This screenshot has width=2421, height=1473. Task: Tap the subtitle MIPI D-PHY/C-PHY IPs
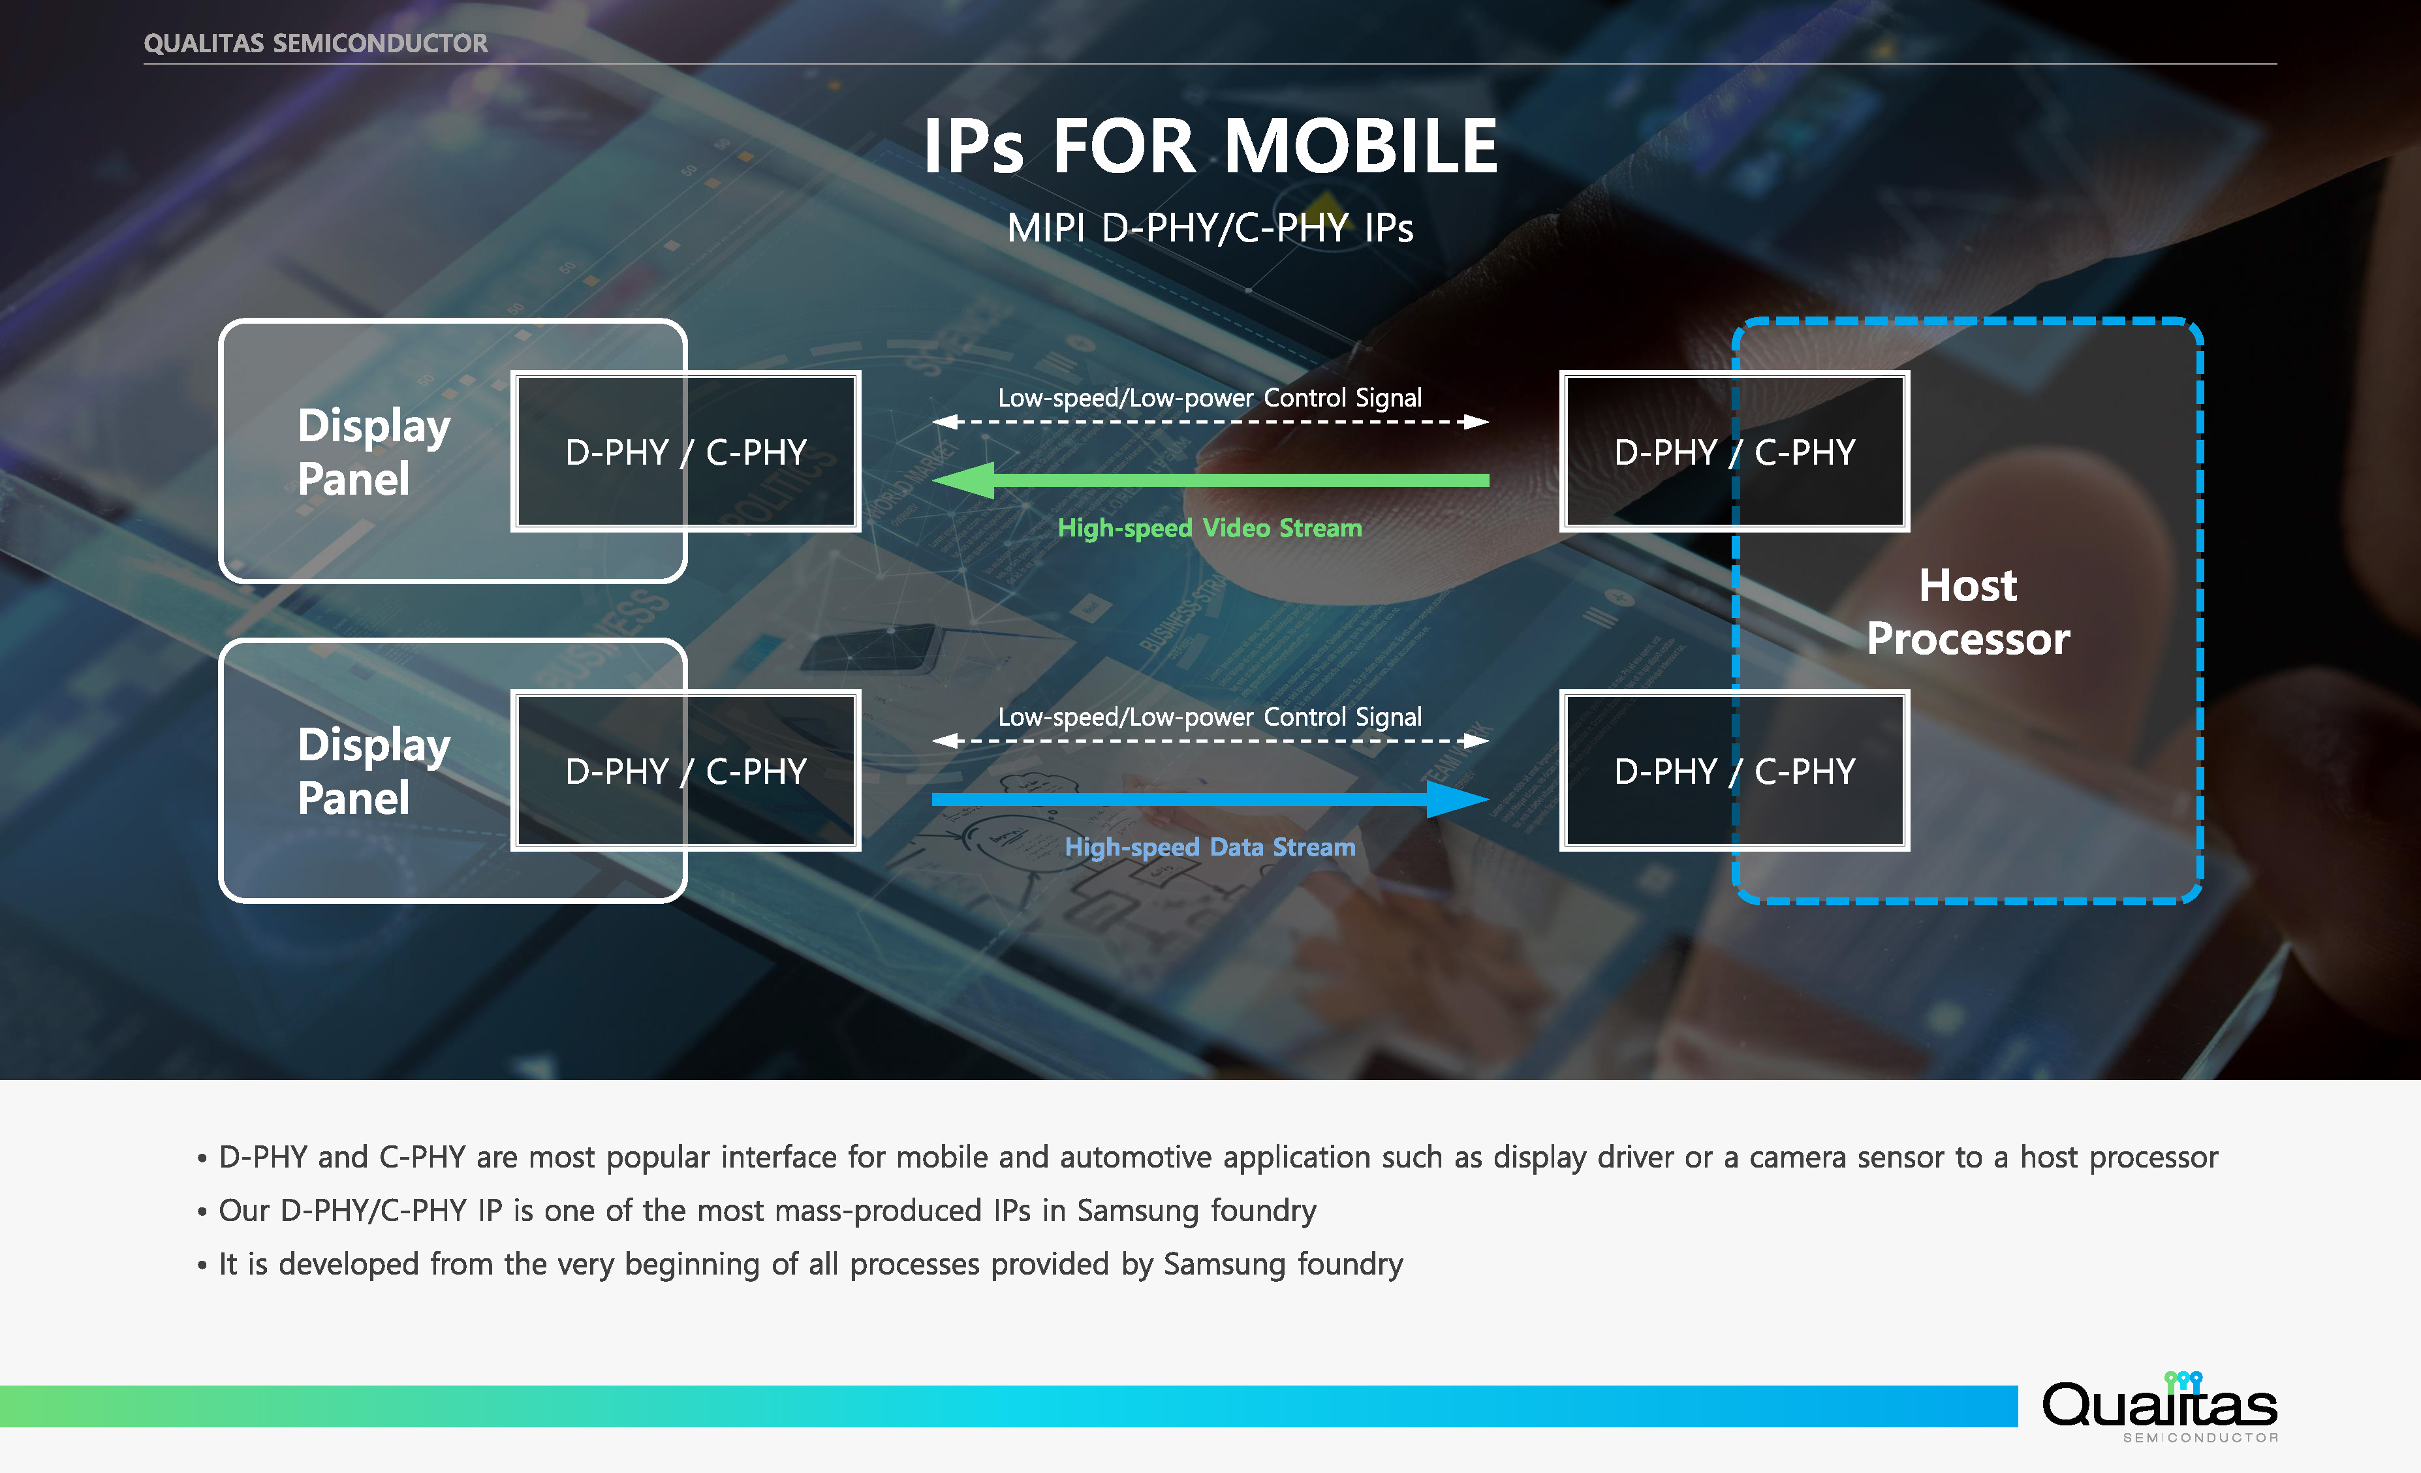pyautogui.click(x=1210, y=228)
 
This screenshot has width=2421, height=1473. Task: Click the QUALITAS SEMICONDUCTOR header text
pyautogui.click(x=315, y=43)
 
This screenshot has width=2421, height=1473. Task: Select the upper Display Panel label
pyautogui.click(x=373, y=452)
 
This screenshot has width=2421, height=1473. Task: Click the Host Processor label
pyautogui.click(x=1967, y=612)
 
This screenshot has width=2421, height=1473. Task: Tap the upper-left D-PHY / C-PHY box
pyautogui.click(x=686, y=452)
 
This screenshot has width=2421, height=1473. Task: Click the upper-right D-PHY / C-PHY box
pyautogui.click(x=1734, y=452)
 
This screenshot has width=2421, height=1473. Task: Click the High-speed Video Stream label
pyautogui.click(x=1210, y=528)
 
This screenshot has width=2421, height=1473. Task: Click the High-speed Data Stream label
pyautogui.click(x=1210, y=847)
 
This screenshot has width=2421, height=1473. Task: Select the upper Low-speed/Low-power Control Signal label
pyautogui.click(x=1210, y=398)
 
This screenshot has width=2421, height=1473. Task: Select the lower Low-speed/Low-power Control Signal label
pyautogui.click(x=1210, y=717)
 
